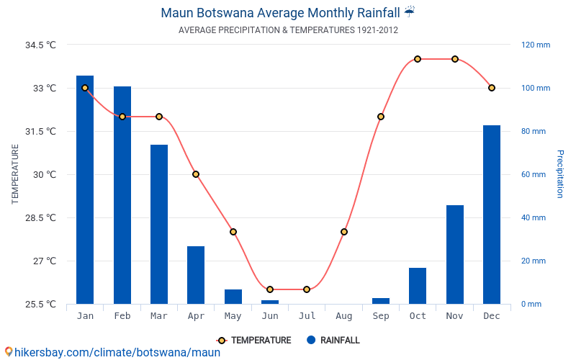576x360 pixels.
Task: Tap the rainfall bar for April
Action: pyautogui.click(x=196, y=275)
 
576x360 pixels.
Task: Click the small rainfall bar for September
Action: pyautogui.click(x=381, y=301)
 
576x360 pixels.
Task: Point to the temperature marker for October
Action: pyautogui.click(x=418, y=59)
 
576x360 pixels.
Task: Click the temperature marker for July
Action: pyautogui.click(x=307, y=289)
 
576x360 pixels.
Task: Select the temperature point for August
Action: pyautogui.click(x=344, y=232)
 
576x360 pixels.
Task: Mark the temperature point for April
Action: pyautogui.click(x=196, y=174)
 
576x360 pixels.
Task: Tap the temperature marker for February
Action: pyautogui.click(x=122, y=117)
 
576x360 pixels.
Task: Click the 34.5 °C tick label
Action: pyautogui.click(x=40, y=45)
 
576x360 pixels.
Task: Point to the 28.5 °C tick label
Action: pyautogui.click(x=40, y=217)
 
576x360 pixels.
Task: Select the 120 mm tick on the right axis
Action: pyautogui.click(x=536, y=45)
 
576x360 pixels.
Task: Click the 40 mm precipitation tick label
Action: pyautogui.click(x=534, y=217)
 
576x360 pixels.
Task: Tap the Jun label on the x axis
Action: pyautogui.click(x=270, y=316)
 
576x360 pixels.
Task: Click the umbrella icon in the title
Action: pyautogui.click(x=409, y=12)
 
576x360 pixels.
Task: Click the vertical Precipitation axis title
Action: pyautogui.click(x=560, y=174)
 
